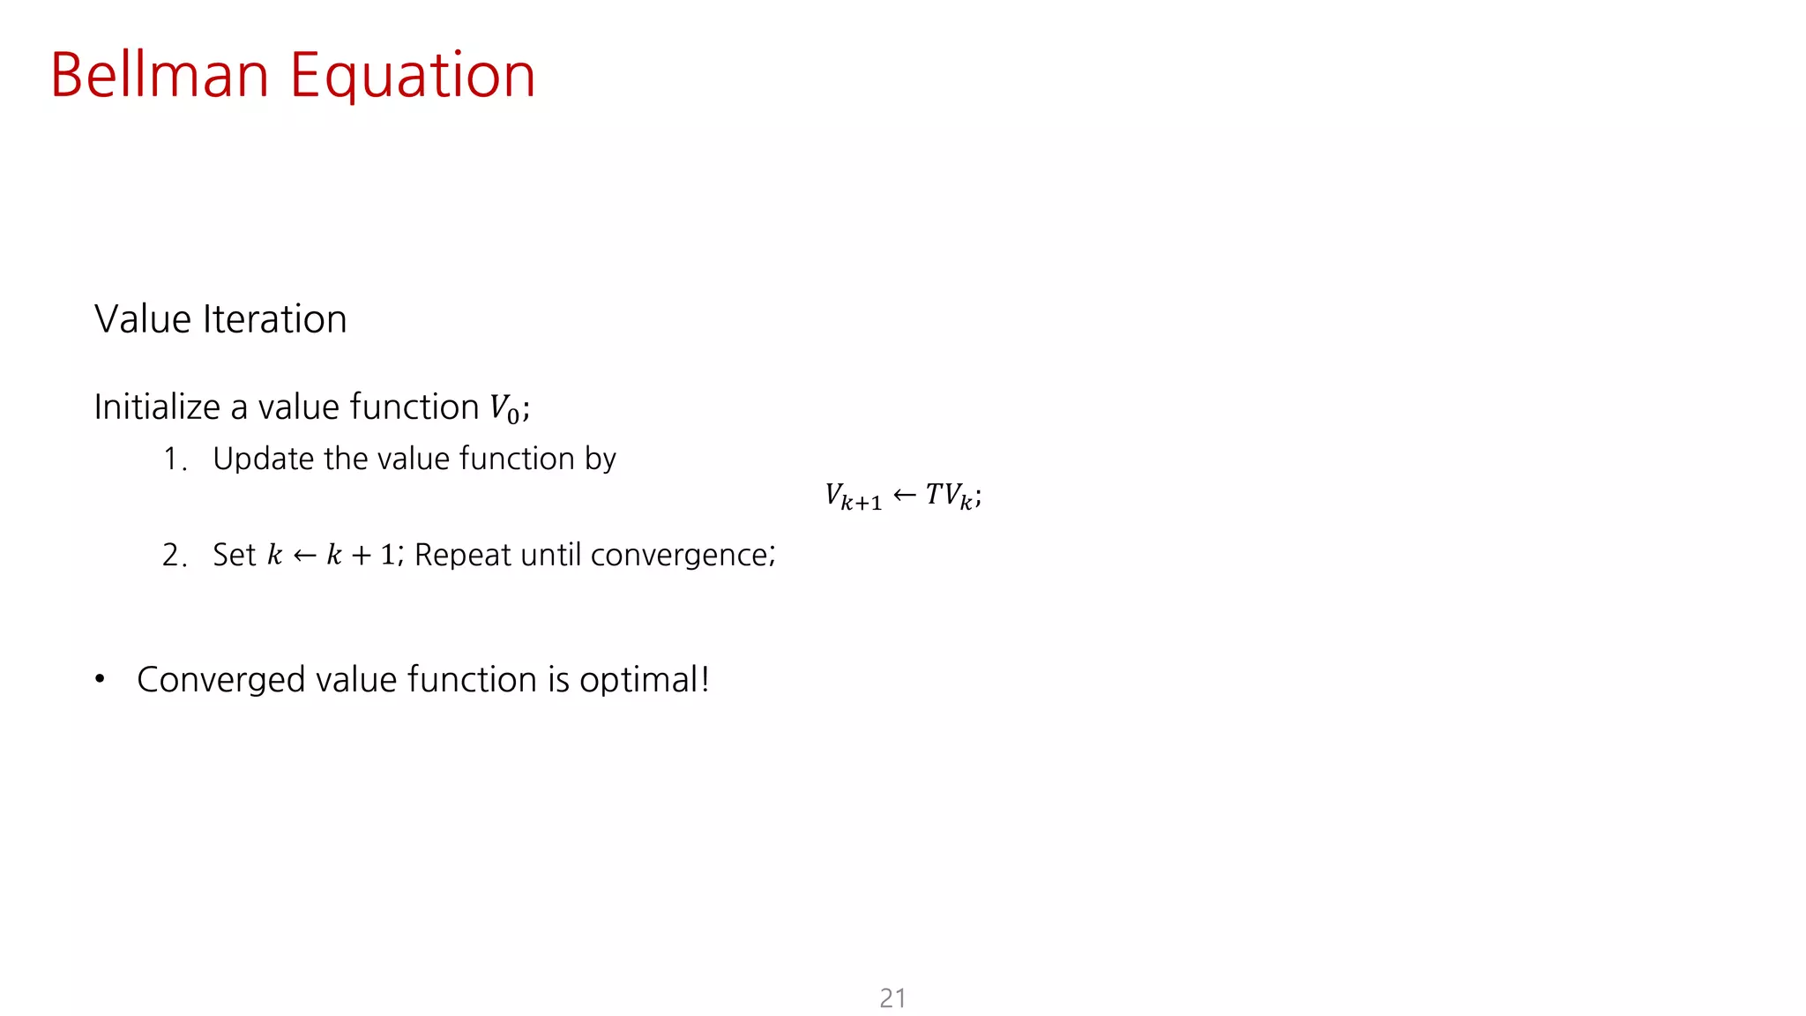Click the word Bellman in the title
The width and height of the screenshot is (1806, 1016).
click(160, 76)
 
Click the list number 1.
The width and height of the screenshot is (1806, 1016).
click(173, 459)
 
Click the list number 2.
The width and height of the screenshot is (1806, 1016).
click(173, 556)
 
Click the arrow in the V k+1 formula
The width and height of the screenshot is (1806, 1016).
click(905, 495)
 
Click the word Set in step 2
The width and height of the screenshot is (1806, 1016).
click(234, 555)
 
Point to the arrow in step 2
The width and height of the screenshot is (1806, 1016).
click(304, 555)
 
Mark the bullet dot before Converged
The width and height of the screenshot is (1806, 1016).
click(101, 679)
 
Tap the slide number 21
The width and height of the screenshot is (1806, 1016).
click(892, 998)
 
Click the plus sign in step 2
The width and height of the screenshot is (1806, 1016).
click(362, 556)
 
